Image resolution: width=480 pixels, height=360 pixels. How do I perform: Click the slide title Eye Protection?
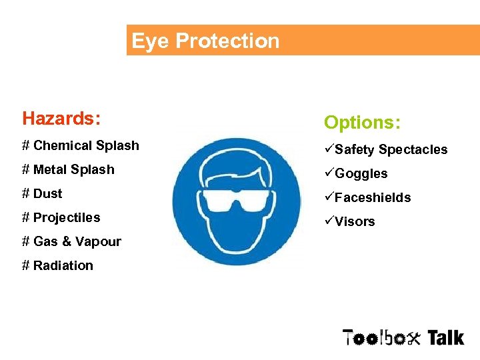pyautogui.click(x=205, y=41)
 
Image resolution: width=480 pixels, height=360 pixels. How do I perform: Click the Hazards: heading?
pyautogui.click(x=61, y=119)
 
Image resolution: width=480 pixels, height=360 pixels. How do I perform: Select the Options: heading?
pyautogui.click(x=362, y=123)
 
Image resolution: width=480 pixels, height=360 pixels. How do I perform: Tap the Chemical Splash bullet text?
pyautogui.click(x=81, y=145)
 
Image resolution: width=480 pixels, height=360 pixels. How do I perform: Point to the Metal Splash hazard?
pyautogui.click(x=68, y=169)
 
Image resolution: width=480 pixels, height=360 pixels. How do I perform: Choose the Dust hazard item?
pyautogui.click(x=42, y=193)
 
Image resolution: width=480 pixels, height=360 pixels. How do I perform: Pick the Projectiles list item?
pyautogui.click(x=61, y=217)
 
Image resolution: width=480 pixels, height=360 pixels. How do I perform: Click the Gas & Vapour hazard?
pyautogui.click(x=71, y=241)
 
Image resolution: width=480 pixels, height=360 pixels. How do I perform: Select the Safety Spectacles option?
pyautogui.click(x=391, y=149)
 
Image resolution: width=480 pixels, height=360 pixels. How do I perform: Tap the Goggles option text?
pyautogui.click(x=361, y=173)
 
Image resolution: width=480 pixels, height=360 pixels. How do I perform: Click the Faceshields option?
pyautogui.click(x=373, y=197)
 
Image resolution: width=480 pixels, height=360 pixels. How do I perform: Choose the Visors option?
pyautogui.click(x=355, y=221)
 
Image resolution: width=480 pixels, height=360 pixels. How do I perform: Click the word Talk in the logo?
pyautogui.click(x=445, y=337)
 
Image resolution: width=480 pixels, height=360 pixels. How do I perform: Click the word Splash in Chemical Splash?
pyautogui.click(x=117, y=145)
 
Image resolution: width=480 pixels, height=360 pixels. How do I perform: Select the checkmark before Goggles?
pyautogui.click(x=329, y=173)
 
